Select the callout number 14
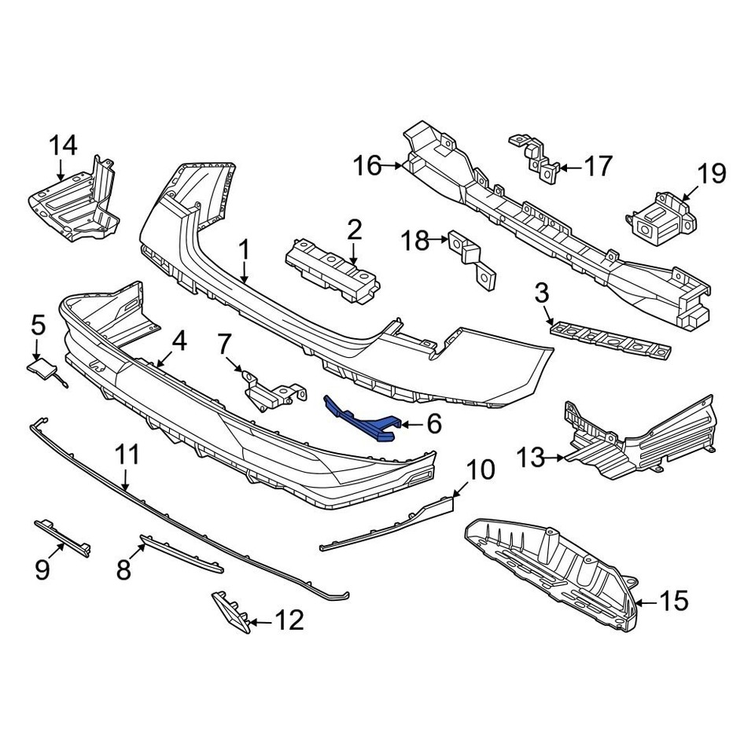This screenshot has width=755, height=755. pos(64,145)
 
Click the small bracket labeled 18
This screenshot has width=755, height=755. pos(471,260)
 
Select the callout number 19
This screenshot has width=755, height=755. pos(712,174)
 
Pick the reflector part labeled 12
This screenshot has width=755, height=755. pos(230,610)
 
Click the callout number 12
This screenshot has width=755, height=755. pos(289,621)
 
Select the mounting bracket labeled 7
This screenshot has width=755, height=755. pos(271,390)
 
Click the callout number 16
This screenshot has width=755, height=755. pos(367,166)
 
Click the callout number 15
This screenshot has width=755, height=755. pos(673,602)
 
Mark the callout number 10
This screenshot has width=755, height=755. pos(481,470)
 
